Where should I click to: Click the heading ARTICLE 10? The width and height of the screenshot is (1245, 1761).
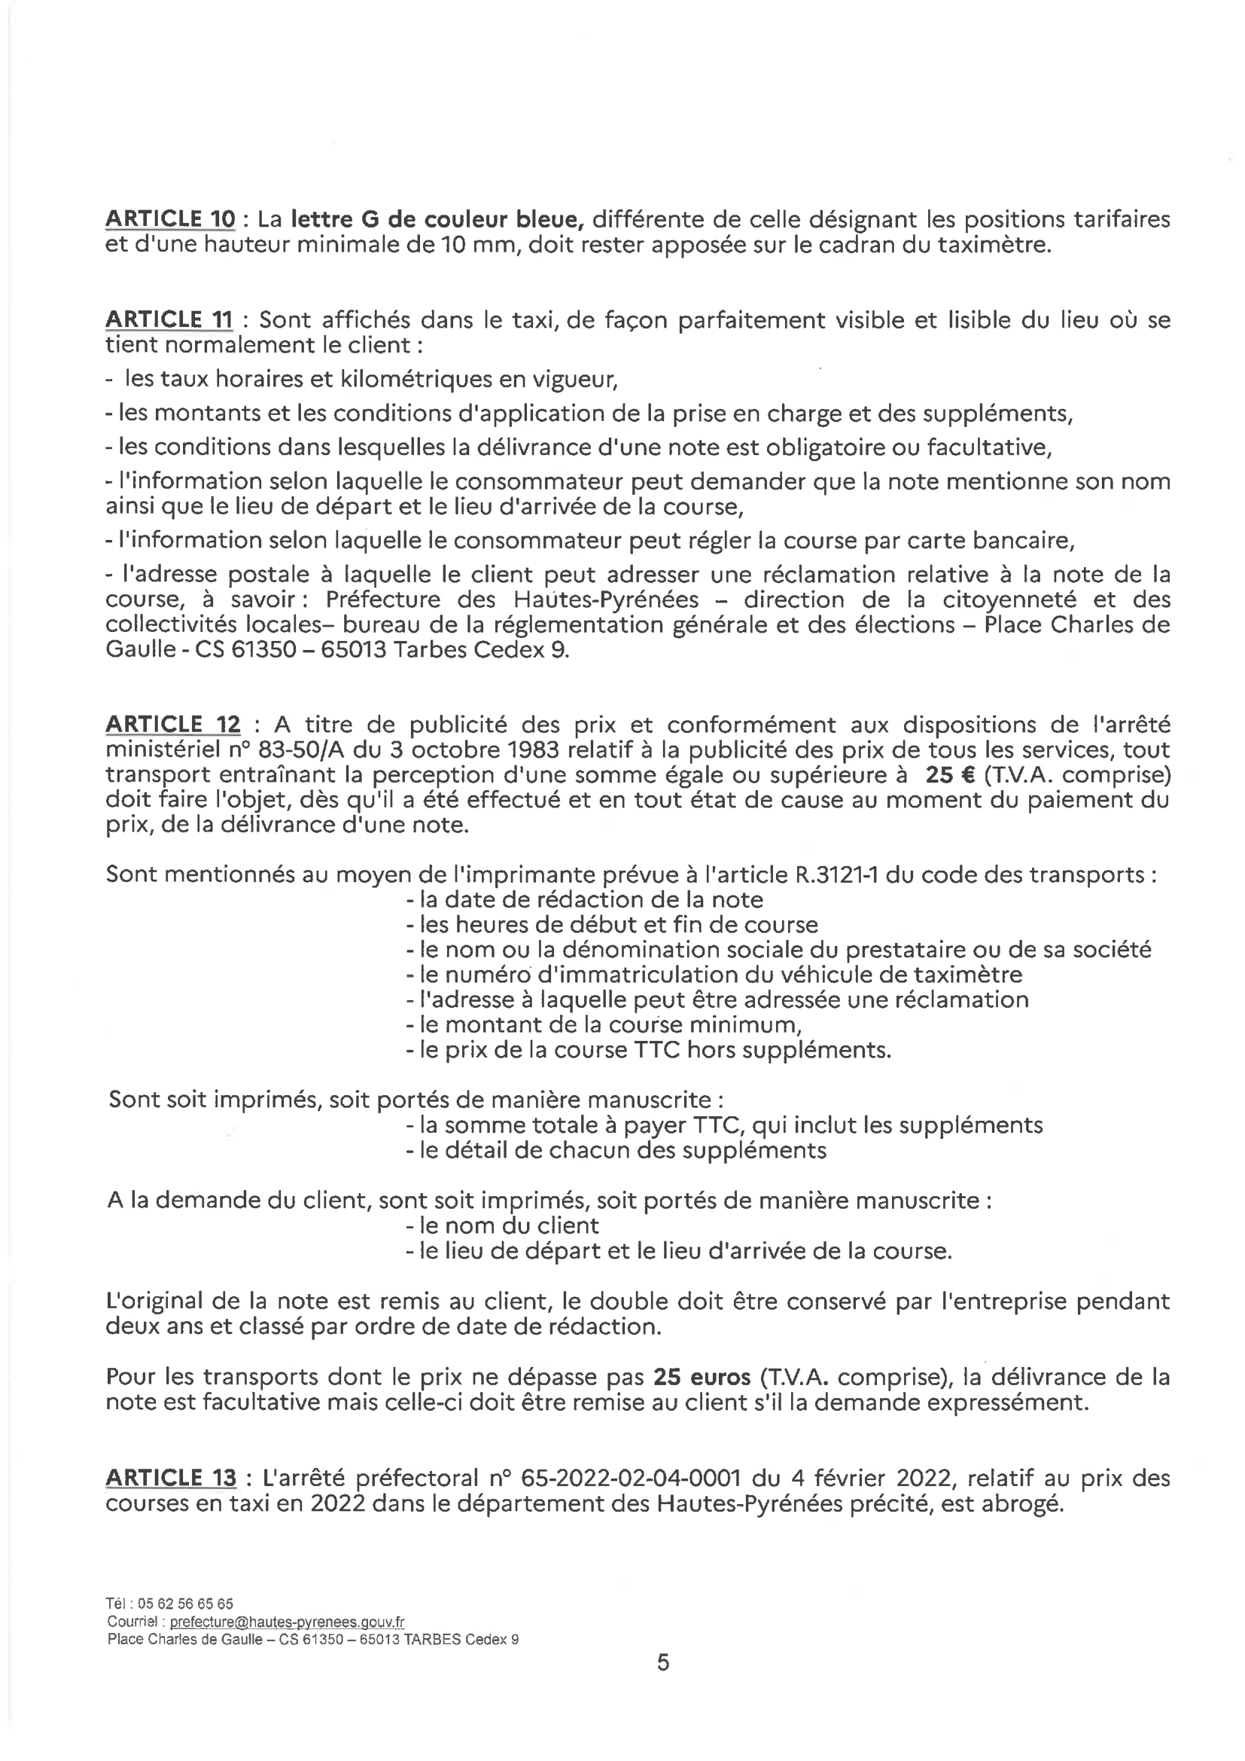point(169,219)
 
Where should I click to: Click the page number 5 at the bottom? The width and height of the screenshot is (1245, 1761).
point(663,1662)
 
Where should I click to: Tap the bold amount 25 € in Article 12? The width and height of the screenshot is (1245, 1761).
point(950,774)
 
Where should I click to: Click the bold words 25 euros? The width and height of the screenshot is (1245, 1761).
point(702,1377)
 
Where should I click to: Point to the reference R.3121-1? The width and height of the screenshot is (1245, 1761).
point(836,874)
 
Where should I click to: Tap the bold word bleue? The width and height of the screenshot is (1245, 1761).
point(549,219)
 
